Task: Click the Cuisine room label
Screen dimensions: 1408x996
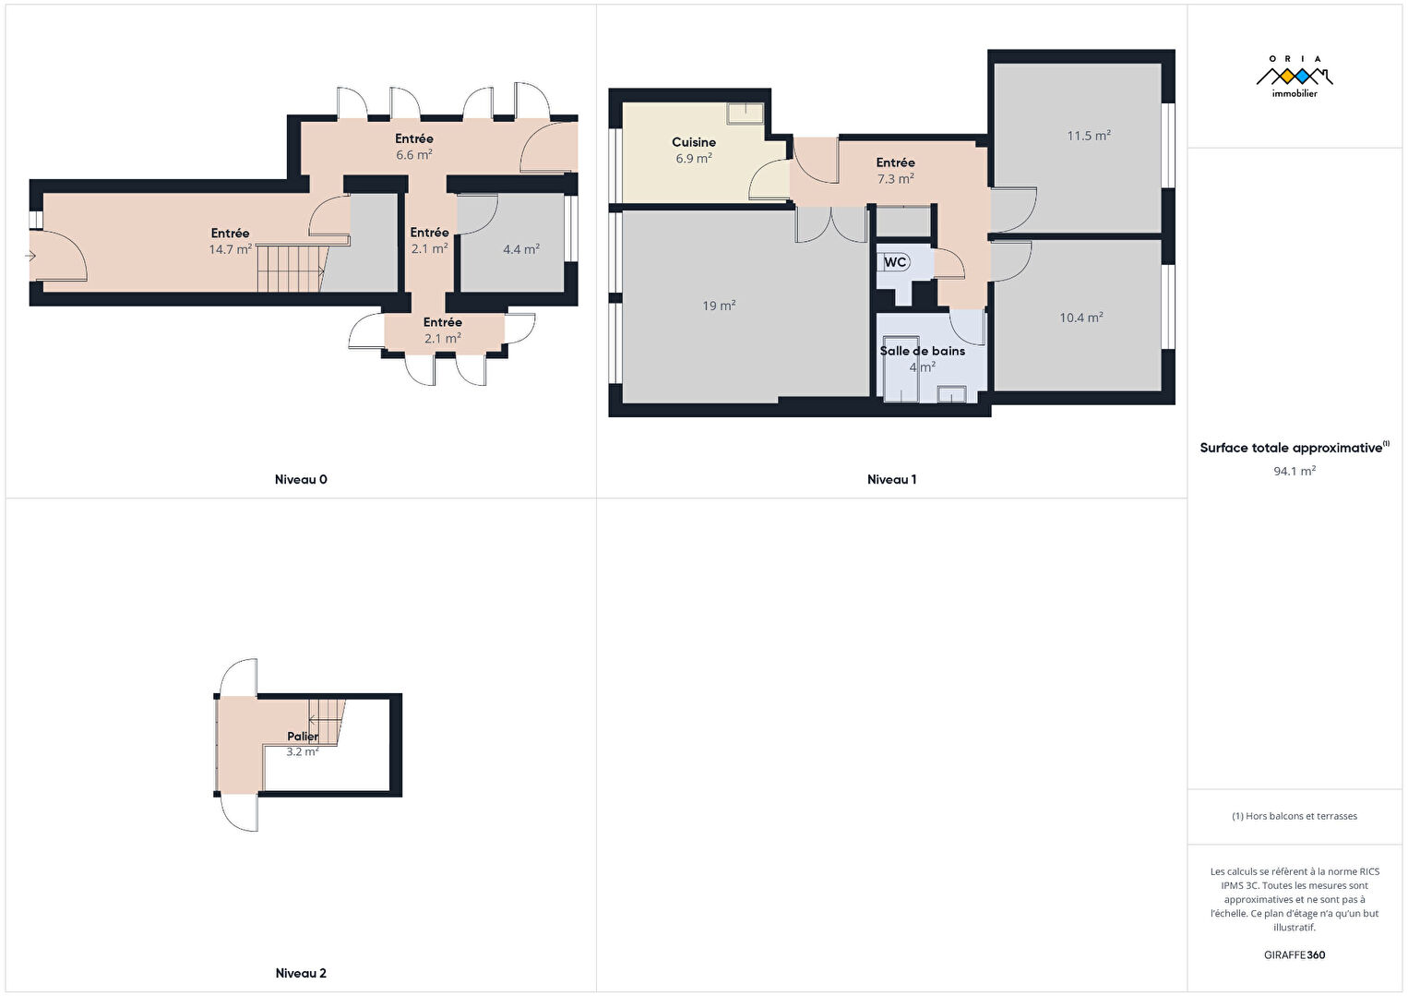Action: [693, 142]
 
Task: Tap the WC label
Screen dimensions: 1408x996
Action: [894, 261]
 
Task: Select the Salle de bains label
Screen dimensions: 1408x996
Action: [922, 351]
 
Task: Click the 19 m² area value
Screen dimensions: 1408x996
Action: [719, 306]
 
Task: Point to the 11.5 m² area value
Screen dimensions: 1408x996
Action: [1089, 135]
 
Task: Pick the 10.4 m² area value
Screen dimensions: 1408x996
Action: [1081, 318]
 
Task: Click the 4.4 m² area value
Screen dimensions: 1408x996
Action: [521, 249]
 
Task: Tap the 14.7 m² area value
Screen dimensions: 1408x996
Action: [230, 249]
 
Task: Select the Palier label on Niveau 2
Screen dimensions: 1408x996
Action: [303, 736]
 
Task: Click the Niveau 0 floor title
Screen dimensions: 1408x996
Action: [301, 479]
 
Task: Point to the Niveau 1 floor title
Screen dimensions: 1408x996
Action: [892, 479]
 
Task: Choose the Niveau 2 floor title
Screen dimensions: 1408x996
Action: [301, 973]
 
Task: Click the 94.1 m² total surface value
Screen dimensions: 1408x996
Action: [1295, 471]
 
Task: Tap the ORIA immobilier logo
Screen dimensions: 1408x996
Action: [1295, 76]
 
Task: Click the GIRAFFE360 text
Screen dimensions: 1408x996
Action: [1295, 954]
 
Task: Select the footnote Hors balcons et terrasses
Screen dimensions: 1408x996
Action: [1295, 815]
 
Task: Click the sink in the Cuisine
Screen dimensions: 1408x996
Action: [745, 114]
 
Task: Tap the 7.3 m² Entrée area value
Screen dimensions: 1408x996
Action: [895, 178]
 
